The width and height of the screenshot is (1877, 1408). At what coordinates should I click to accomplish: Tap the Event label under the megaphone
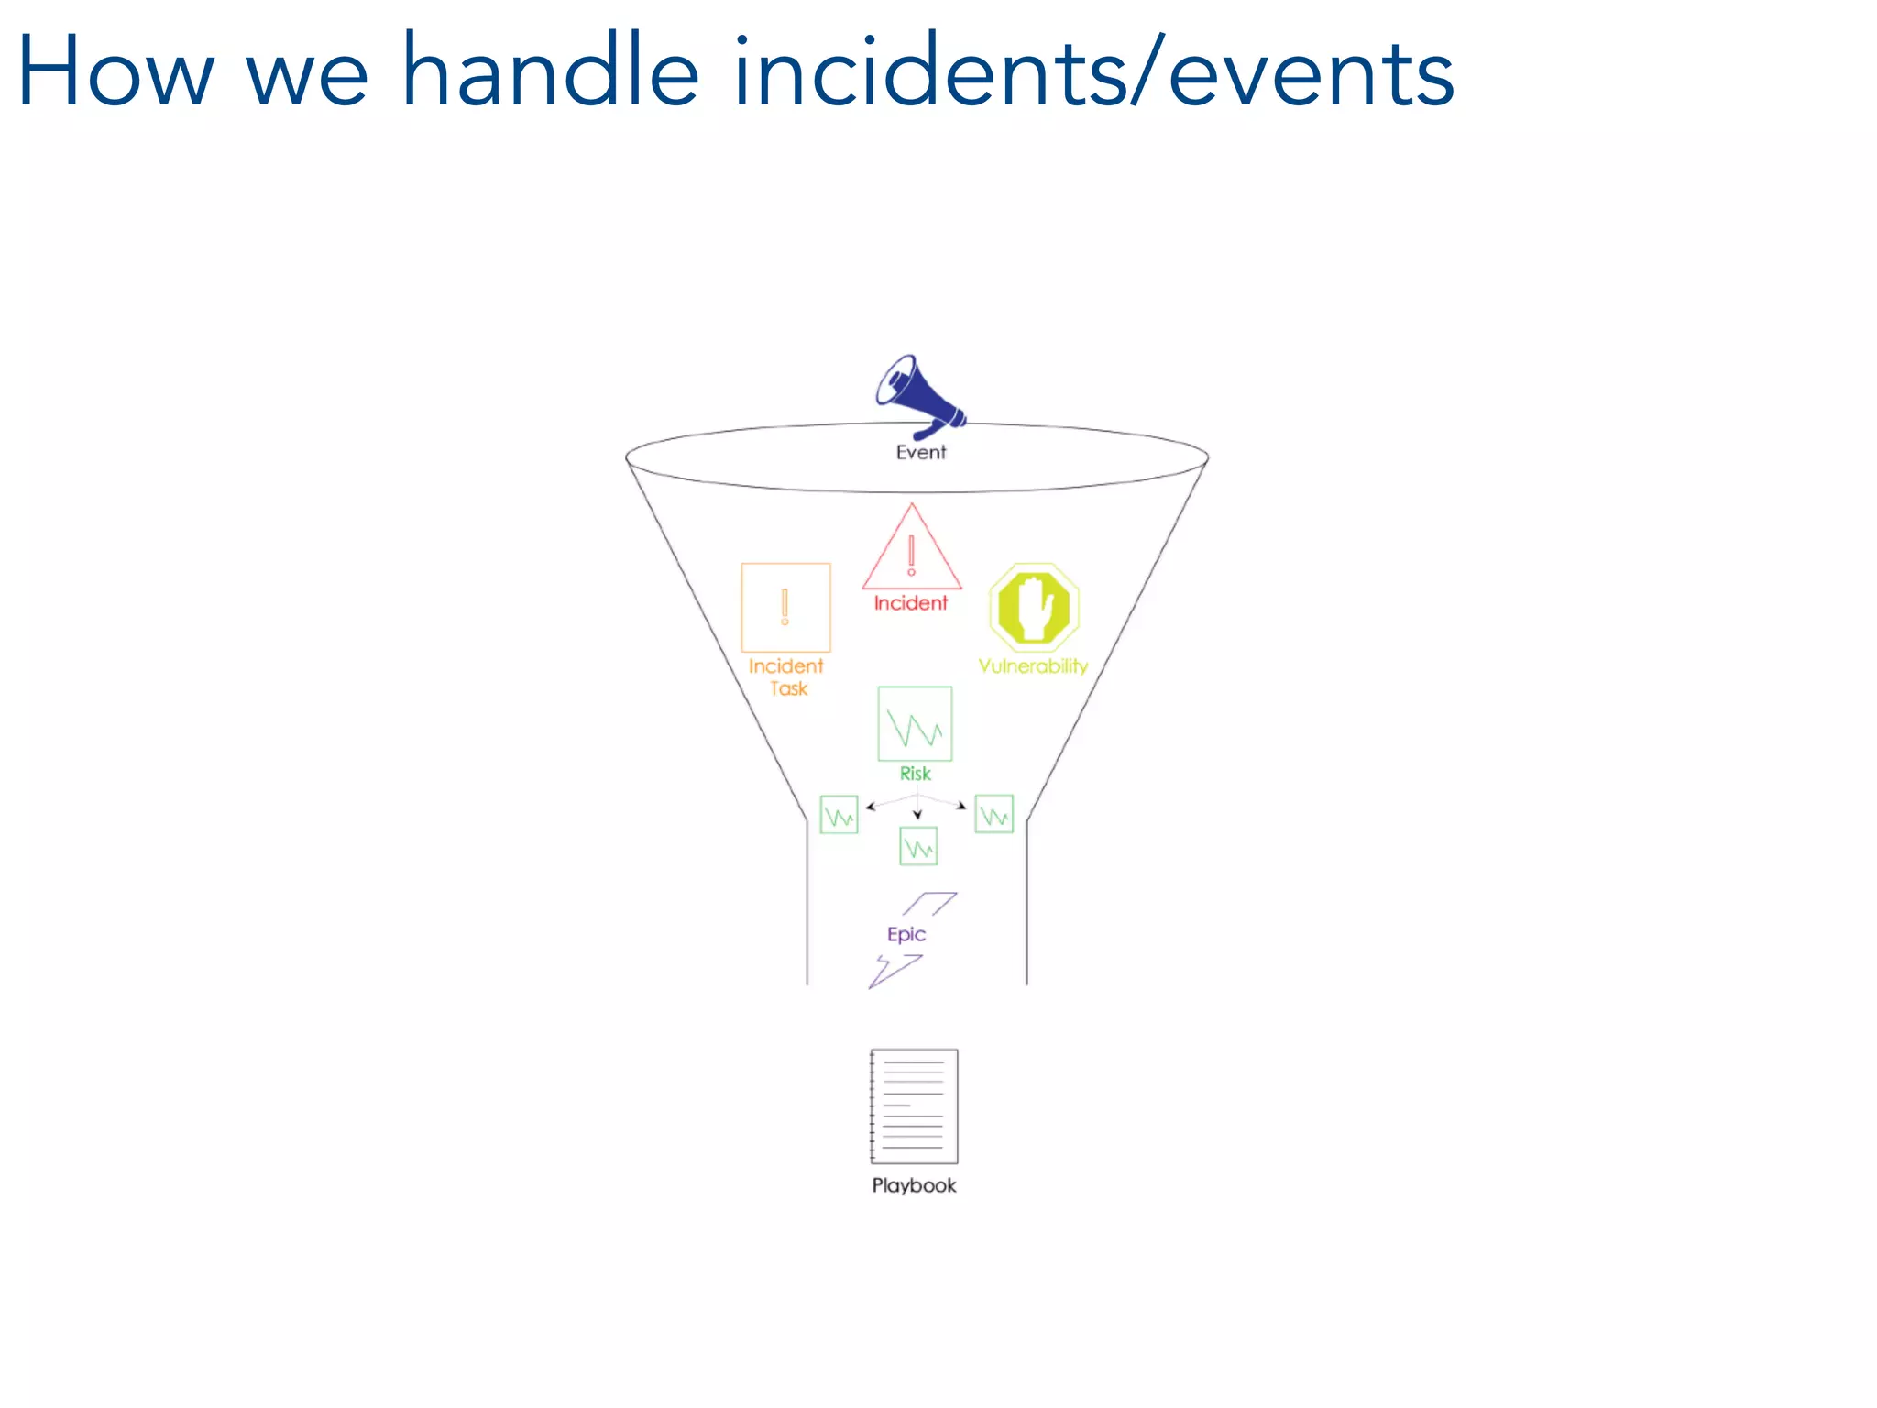[x=920, y=452]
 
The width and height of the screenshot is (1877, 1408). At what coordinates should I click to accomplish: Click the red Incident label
[x=910, y=603]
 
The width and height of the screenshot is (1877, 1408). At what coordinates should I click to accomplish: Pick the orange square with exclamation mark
[x=785, y=607]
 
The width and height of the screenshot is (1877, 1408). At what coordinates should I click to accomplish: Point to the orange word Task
[x=788, y=688]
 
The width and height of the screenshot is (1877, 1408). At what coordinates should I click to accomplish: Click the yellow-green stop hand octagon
[x=1034, y=607]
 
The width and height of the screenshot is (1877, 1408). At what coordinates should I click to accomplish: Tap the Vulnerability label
[x=1033, y=666]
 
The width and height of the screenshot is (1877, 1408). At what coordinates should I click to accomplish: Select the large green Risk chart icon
[x=915, y=724]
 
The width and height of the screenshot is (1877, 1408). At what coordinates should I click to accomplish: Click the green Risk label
[x=915, y=774]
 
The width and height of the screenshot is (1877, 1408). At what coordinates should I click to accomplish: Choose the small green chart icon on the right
[x=993, y=814]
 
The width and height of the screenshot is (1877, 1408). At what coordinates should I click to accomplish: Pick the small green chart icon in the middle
[x=918, y=847]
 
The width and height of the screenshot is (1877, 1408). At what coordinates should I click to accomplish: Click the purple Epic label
[x=906, y=934]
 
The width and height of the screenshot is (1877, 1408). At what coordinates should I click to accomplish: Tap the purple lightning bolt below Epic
[x=894, y=971]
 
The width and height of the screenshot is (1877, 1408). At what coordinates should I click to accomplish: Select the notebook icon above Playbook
[x=914, y=1106]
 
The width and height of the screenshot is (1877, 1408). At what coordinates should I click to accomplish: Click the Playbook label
[x=914, y=1185]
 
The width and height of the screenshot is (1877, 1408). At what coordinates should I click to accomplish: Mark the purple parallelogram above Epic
[x=929, y=904]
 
